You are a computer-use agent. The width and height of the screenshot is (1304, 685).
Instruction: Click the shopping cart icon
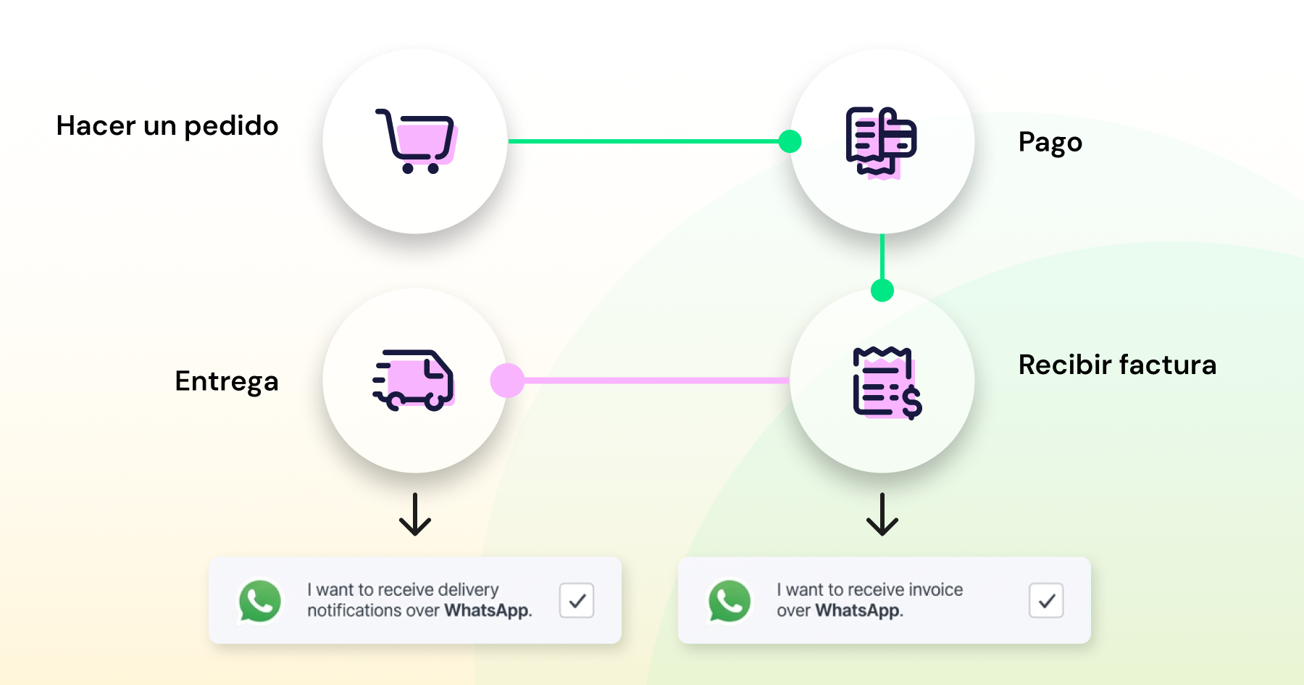coord(416,141)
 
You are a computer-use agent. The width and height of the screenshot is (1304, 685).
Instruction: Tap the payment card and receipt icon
coord(881,142)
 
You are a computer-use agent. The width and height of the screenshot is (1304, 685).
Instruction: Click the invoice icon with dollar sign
coord(887,383)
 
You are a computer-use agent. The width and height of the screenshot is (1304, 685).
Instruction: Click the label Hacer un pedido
coord(167,126)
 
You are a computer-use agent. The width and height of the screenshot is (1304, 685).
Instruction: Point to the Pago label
coord(1050,143)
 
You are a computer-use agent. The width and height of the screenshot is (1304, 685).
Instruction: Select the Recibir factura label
coord(1117,365)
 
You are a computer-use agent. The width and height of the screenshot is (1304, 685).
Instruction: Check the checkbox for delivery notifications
coord(577,600)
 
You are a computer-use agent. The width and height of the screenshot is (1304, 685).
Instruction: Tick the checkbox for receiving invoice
coord(1046,600)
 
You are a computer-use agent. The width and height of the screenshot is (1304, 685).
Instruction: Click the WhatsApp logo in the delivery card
coord(260,601)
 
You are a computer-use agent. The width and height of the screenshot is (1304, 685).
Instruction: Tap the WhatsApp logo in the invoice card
coord(730,601)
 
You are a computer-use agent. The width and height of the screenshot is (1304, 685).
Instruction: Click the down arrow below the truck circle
coord(415,514)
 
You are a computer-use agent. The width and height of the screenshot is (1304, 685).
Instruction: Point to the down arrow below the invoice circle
coord(882,514)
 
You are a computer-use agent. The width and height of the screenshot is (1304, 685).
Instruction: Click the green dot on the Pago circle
coord(790,141)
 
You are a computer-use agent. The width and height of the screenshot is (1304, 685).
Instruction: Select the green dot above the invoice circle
coord(882,290)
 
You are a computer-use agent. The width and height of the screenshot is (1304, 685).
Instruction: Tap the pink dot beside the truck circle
coord(507,381)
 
